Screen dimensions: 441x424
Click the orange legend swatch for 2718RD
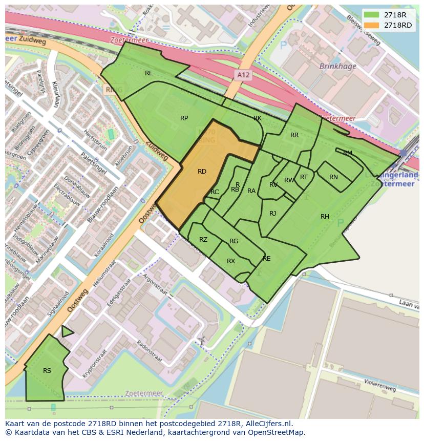[x=372, y=25]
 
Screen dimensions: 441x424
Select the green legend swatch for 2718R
[x=372, y=15]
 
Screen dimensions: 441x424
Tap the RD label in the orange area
[x=202, y=172]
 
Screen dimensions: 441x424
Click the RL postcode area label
[x=149, y=73]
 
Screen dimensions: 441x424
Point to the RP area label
[x=184, y=118]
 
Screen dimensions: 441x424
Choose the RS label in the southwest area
[x=47, y=371]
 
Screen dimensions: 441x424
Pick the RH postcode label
[x=325, y=217]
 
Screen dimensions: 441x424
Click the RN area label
[x=333, y=177]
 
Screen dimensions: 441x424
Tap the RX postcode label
[x=231, y=261]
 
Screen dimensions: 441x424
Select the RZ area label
[x=203, y=240]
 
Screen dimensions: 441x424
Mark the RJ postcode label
[x=272, y=214]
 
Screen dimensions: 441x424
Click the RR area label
[x=294, y=135]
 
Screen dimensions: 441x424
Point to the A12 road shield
[x=244, y=75]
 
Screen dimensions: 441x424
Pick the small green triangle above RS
[x=66, y=332]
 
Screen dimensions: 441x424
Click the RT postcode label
[x=304, y=177]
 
